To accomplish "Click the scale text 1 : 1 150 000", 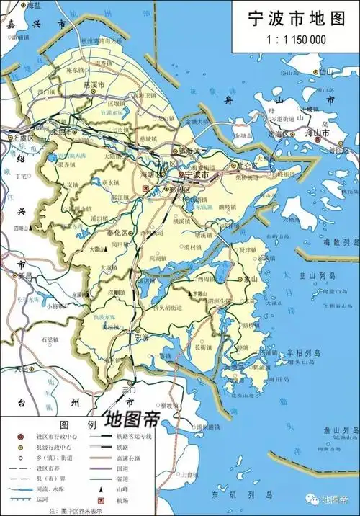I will (x=294, y=40).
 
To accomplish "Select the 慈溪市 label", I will (x=99, y=102).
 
